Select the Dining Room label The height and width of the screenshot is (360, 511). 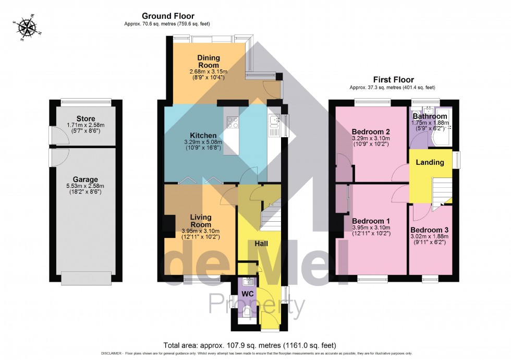(x=209, y=61)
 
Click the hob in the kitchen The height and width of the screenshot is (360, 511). (x=232, y=123)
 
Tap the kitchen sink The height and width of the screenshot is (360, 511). (x=275, y=123)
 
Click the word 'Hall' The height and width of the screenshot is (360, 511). (x=262, y=244)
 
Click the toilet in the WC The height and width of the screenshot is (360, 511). (x=246, y=313)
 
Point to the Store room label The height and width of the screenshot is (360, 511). (x=85, y=119)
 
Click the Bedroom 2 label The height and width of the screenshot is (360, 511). (x=370, y=131)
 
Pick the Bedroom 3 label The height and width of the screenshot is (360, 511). (x=429, y=230)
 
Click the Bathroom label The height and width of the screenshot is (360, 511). (x=429, y=116)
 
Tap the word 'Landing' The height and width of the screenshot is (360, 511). (x=430, y=162)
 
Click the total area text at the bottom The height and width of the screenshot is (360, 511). (x=250, y=345)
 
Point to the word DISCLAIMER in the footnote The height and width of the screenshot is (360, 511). (x=111, y=354)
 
